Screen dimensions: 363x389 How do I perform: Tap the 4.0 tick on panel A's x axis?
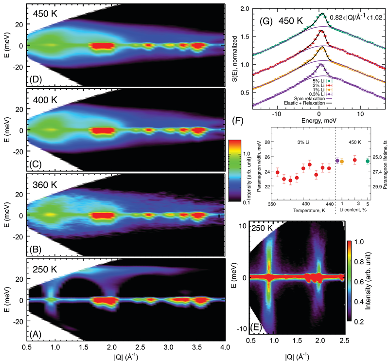pyautogui.click(x=224, y=348)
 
